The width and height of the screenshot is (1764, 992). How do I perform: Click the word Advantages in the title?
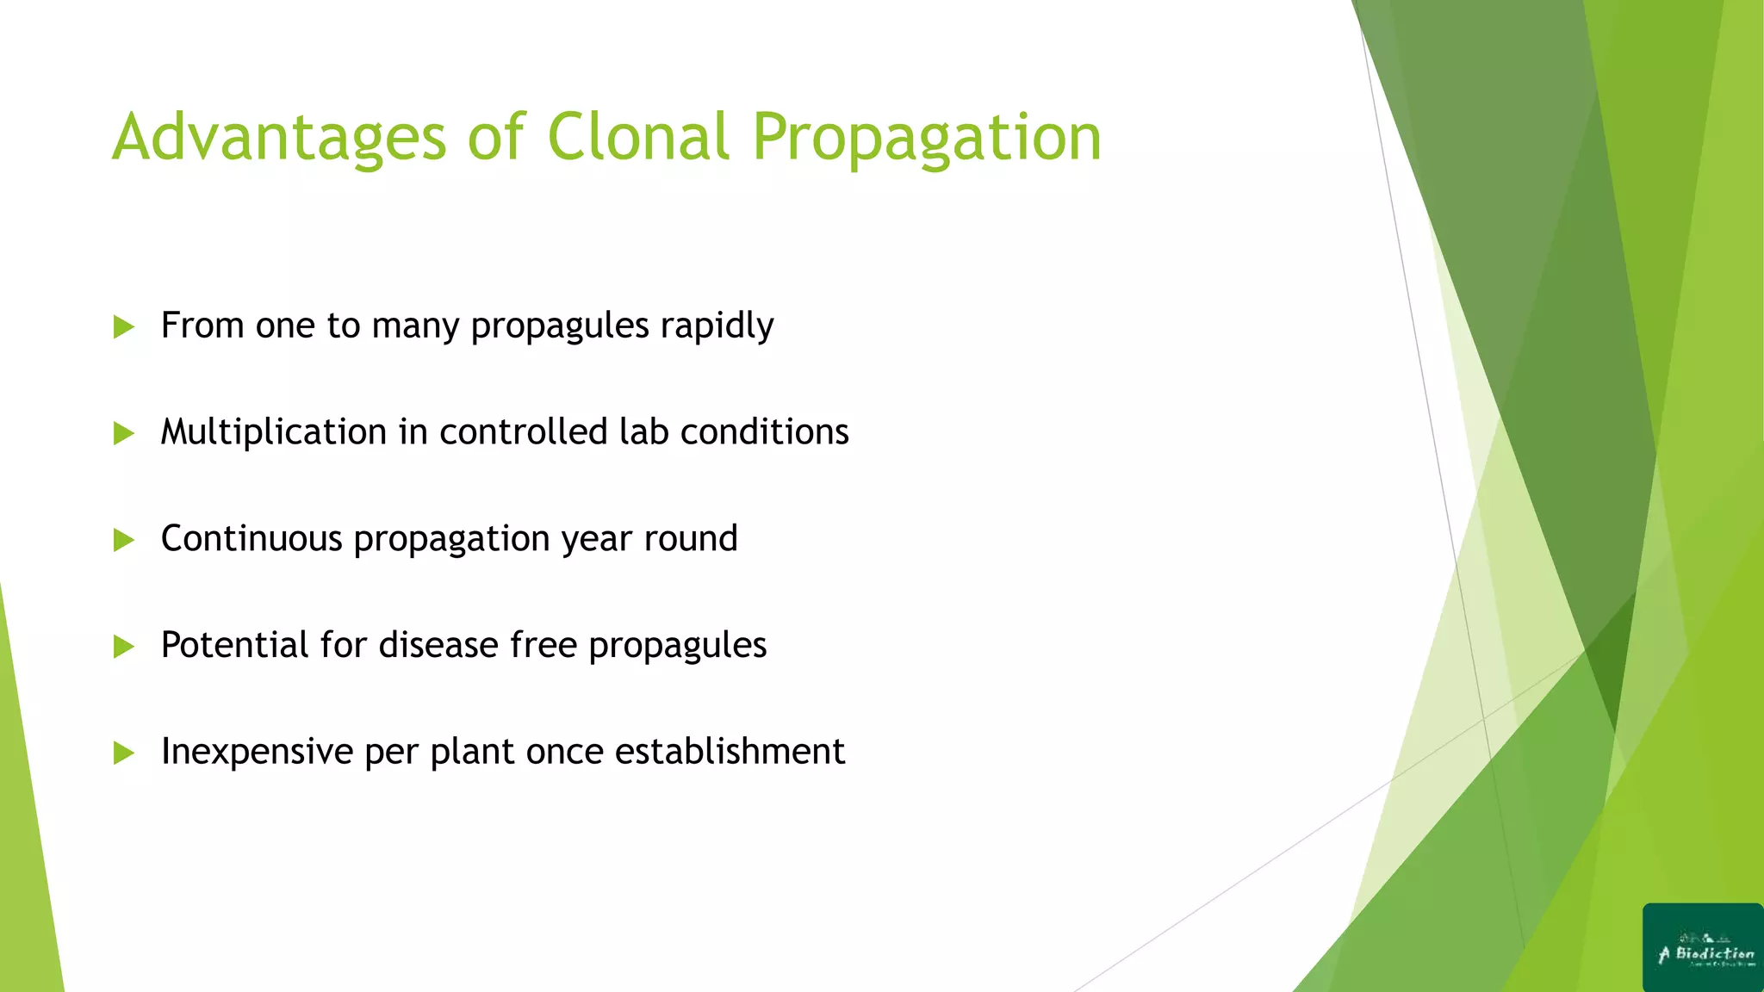(x=279, y=138)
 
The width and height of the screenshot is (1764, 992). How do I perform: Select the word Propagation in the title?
(x=927, y=138)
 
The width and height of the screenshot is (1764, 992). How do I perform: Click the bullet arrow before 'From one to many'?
(x=124, y=327)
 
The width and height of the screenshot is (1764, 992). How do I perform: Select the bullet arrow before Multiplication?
(x=124, y=433)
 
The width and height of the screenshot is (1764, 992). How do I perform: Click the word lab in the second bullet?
(x=643, y=431)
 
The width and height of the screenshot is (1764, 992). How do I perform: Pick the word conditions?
(x=764, y=432)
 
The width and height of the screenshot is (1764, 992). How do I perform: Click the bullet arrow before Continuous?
(x=124, y=540)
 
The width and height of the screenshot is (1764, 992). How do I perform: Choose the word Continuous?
(x=252, y=539)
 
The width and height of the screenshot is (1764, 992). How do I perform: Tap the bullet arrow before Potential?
(x=124, y=647)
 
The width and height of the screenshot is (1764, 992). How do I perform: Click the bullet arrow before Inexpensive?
(x=124, y=753)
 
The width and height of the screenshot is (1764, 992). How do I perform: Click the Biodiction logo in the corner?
(x=1702, y=947)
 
